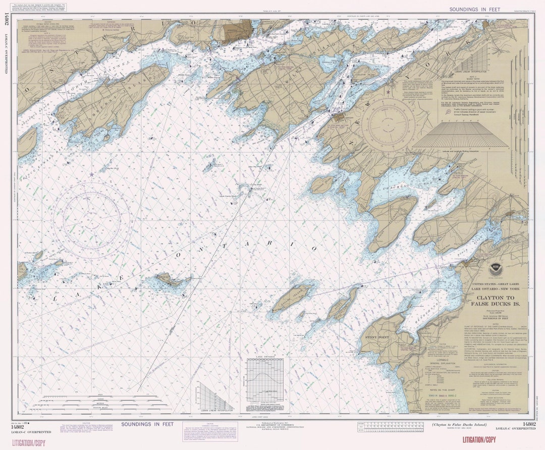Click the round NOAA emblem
coord(495,269)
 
